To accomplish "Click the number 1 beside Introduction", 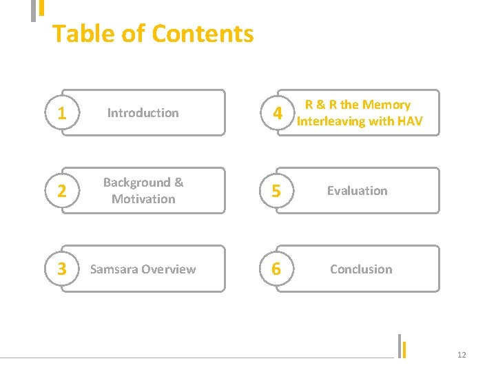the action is point(62,113).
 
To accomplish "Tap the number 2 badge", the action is point(62,192).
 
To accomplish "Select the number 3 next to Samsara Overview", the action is point(62,269).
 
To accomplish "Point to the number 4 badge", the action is point(276,113).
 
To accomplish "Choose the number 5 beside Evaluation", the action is point(276,192).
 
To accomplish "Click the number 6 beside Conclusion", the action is point(276,269).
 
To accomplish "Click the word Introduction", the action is point(143,113).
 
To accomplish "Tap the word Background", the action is point(136,183).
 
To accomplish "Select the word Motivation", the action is point(143,199).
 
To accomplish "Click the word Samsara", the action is point(113,269).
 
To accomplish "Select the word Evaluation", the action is point(357,191).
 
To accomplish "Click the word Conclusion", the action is point(361,269).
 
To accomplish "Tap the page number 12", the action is point(462,355).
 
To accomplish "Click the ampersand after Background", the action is point(178,183).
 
